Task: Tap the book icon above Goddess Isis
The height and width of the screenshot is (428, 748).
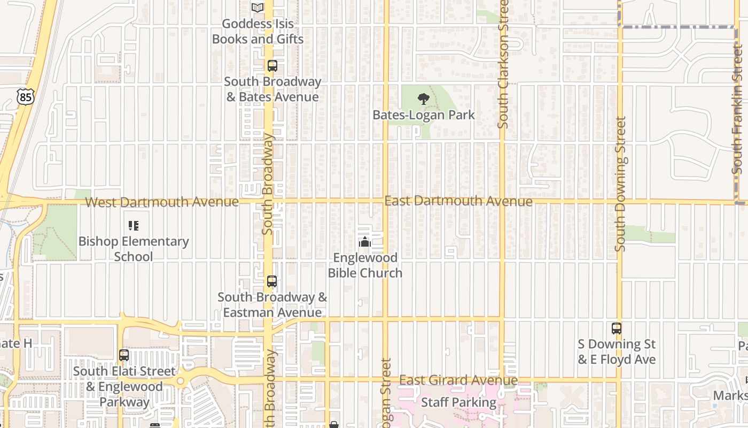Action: tap(258, 7)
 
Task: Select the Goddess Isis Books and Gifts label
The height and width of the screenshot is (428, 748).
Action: tap(258, 32)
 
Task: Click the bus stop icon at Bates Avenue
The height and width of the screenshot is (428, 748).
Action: tap(272, 66)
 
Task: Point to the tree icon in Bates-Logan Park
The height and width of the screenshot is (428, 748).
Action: tap(423, 98)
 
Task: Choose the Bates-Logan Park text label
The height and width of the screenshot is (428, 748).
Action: tap(423, 115)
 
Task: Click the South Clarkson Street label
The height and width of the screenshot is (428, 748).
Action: tap(503, 64)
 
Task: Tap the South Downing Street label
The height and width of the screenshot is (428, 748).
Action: tap(620, 184)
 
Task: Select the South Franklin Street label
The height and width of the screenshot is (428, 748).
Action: tap(738, 110)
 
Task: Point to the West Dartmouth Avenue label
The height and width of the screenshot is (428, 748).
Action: tap(162, 202)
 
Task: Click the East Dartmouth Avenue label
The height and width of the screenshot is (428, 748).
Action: tap(458, 201)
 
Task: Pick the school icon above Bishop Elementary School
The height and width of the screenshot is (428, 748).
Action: tap(134, 226)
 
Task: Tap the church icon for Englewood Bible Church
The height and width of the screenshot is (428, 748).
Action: tap(365, 242)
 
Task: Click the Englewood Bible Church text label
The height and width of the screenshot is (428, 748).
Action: tap(365, 265)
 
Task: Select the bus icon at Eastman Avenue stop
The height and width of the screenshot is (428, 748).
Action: tap(272, 281)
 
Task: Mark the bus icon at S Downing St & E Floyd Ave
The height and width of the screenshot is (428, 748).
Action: tap(617, 328)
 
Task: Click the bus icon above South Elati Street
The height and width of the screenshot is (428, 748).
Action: tap(124, 355)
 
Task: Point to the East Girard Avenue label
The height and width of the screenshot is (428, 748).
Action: tap(458, 380)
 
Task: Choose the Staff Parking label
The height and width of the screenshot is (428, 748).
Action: tap(459, 402)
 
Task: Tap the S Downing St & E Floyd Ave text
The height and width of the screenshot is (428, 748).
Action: tap(617, 351)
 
